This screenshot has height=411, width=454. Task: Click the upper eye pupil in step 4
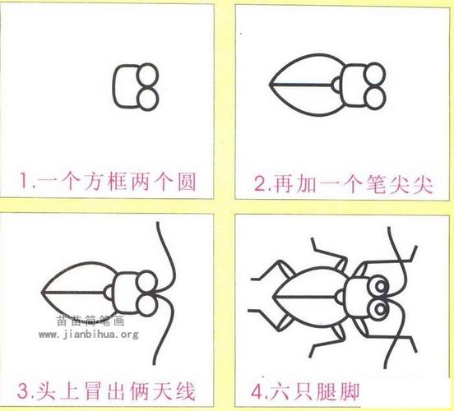tap(381, 286)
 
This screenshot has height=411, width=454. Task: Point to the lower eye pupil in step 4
tap(381, 309)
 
